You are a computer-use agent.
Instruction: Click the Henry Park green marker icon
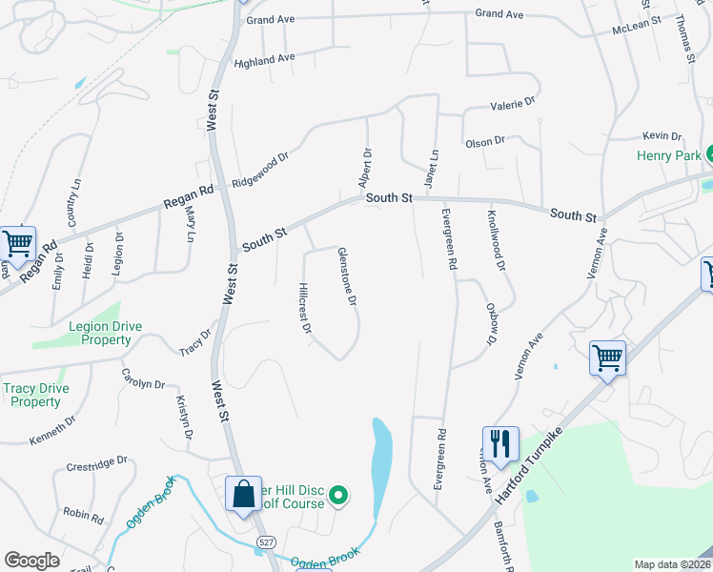(x=709, y=154)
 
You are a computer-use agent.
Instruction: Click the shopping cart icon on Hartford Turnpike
(x=607, y=358)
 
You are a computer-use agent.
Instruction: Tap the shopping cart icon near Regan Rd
(x=17, y=244)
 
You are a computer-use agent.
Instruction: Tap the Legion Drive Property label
(x=105, y=333)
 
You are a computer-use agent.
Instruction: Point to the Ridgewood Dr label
(x=259, y=170)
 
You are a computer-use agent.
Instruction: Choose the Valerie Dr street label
(x=513, y=101)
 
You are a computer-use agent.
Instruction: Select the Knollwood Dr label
(x=496, y=234)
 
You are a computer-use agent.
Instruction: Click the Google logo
(x=31, y=560)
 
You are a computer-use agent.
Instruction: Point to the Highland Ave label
(x=264, y=59)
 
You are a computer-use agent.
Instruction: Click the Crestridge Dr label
(x=96, y=464)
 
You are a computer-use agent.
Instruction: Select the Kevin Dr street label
(x=662, y=136)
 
